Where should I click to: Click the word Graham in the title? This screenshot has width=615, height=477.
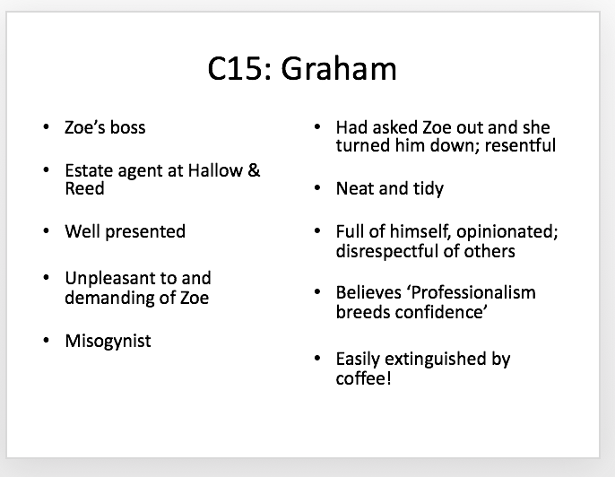click(339, 69)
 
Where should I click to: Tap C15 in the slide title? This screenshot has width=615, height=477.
click(236, 69)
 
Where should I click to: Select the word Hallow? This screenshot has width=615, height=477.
click(215, 170)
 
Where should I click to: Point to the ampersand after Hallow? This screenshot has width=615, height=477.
click(254, 170)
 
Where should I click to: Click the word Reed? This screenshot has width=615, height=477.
click(84, 188)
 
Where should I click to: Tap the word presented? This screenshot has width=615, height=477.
click(145, 232)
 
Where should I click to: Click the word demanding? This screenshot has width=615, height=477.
click(109, 298)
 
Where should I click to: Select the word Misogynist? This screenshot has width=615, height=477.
click(108, 342)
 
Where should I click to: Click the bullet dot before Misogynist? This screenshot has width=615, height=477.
click(47, 341)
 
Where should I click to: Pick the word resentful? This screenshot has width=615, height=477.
click(520, 145)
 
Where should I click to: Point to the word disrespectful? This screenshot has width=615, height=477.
click(386, 251)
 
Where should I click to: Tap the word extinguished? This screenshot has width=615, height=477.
click(436, 360)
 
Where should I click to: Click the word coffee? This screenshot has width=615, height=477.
click(361, 379)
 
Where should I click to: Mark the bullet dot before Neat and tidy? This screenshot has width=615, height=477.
click(317, 188)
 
